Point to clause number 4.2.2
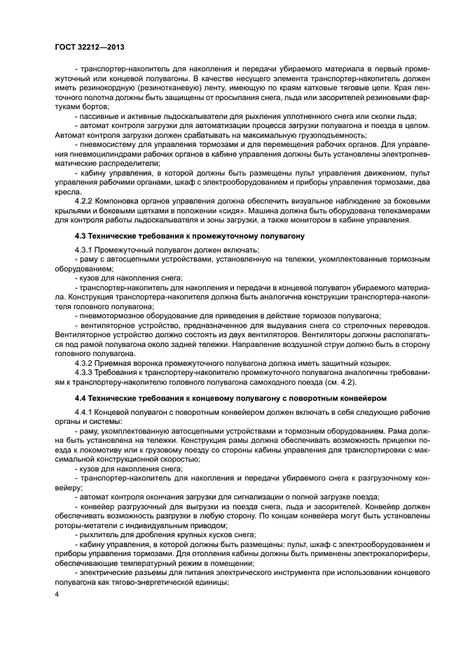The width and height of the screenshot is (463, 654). click(x=85, y=200)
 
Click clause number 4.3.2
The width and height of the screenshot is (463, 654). click(x=85, y=362)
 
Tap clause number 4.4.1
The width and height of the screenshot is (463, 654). click(x=85, y=411)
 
